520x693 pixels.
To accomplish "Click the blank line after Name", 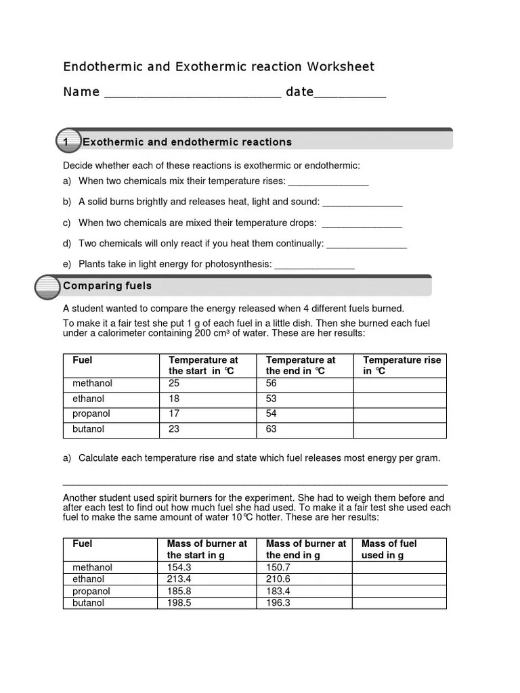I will click(192, 95).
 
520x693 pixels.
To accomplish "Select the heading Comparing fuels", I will click(107, 286).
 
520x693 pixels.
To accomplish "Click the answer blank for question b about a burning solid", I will click(362, 203).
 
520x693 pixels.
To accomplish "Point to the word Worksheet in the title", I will click(340, 66).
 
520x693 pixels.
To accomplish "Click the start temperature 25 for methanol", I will click(174, 383).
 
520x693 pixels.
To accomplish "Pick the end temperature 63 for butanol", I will click(272, 429).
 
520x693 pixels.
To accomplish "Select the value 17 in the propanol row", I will click(174, 413).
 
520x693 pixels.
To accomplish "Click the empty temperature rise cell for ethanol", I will click(399, 399).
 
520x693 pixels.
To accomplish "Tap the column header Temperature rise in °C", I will click(402, 365).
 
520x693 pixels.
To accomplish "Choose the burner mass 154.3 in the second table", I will click(179, 567).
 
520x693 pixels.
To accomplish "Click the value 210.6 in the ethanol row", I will click(278, 579).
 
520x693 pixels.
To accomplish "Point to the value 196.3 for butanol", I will click(278, 602).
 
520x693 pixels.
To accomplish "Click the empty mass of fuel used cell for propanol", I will click(399, 591).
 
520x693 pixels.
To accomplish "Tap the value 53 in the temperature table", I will click(272, 399).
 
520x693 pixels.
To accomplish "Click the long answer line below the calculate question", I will click(255, 484).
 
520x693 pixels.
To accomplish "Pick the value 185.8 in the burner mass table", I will click(179, 591).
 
